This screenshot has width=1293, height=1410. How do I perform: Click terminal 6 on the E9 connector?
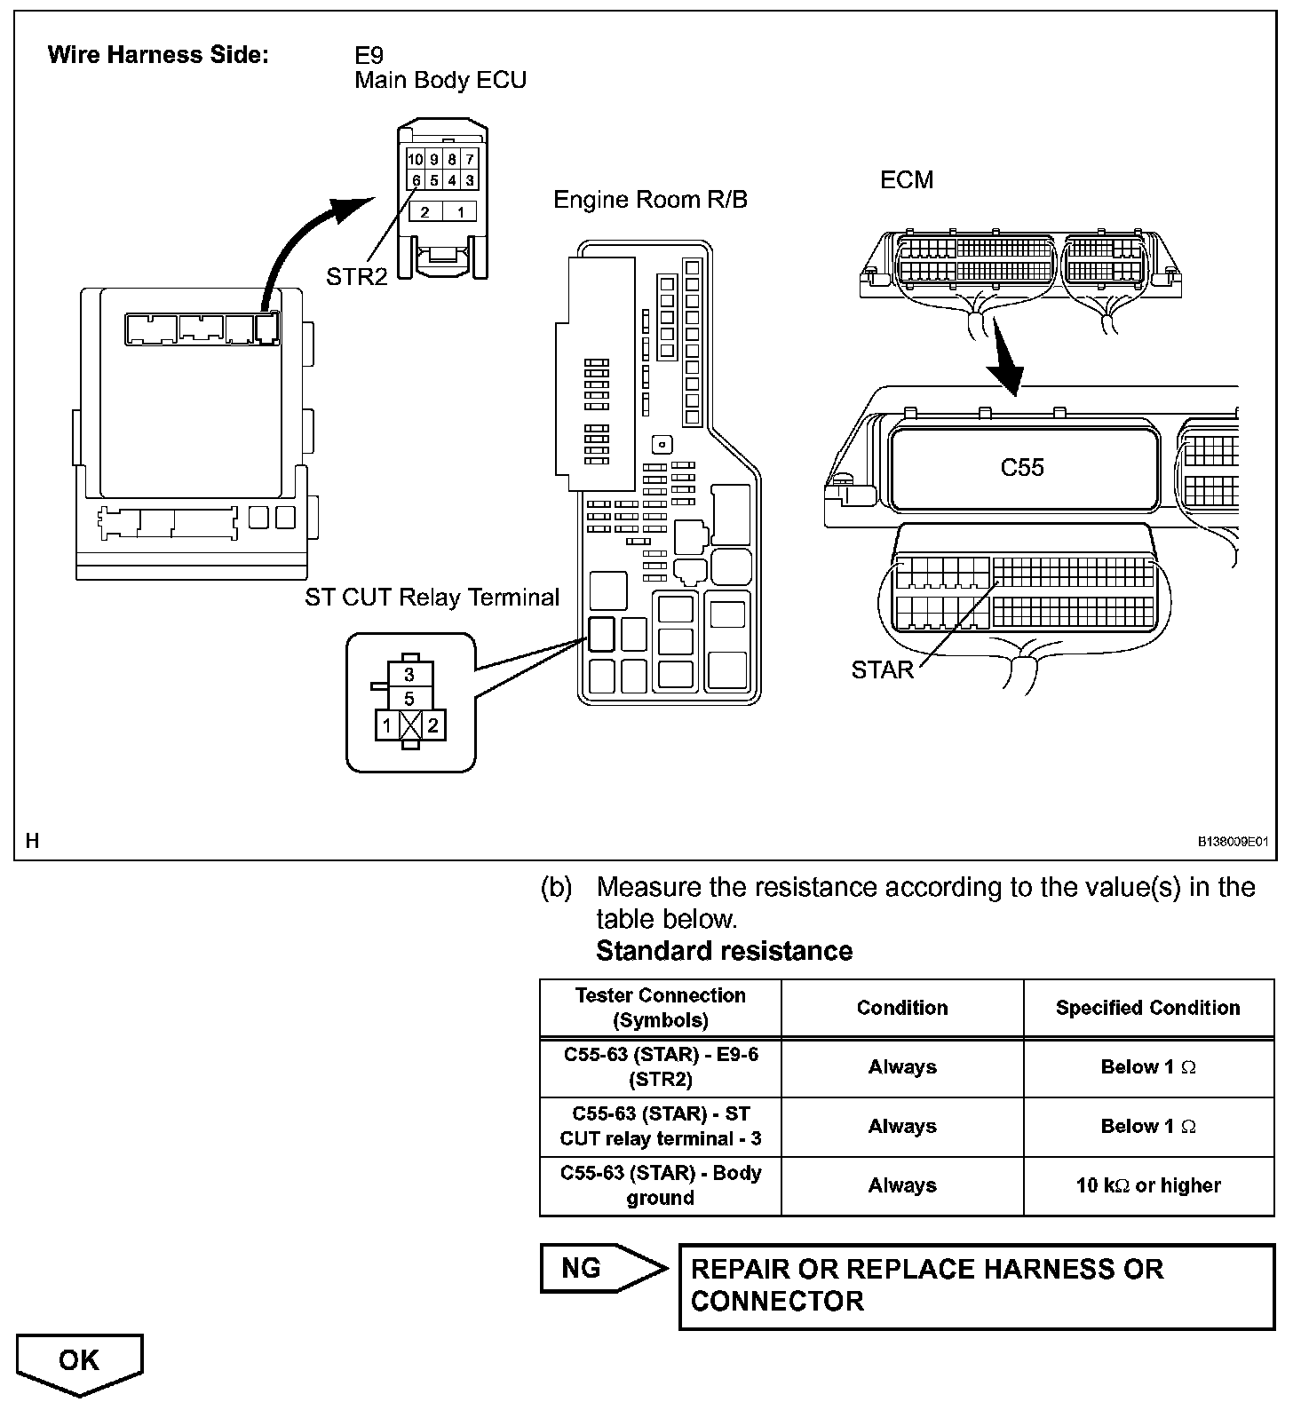416,180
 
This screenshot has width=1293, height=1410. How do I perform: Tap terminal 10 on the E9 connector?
416,160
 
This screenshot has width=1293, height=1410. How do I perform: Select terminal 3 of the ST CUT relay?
409,675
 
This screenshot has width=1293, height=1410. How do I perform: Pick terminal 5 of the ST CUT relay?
409,699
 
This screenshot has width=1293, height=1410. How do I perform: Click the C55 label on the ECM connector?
1022,467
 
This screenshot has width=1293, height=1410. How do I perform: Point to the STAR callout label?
882,670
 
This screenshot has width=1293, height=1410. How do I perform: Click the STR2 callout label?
356,277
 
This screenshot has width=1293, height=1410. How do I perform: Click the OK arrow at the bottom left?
79,1361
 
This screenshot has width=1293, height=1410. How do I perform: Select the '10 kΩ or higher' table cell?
1148,1185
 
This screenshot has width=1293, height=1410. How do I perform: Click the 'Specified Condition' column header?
1148,1008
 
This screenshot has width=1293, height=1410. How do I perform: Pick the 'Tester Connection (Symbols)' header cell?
660,1008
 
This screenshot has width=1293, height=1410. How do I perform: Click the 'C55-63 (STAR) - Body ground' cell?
660,1185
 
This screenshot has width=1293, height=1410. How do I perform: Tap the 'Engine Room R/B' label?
650,200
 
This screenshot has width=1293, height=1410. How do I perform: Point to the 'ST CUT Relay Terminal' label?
432,597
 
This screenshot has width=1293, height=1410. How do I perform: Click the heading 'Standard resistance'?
724,951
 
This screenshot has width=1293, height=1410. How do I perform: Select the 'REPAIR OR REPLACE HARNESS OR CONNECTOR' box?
977,1285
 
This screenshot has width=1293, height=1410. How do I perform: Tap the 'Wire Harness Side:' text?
158,55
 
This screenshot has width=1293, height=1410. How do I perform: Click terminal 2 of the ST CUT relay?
432,725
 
